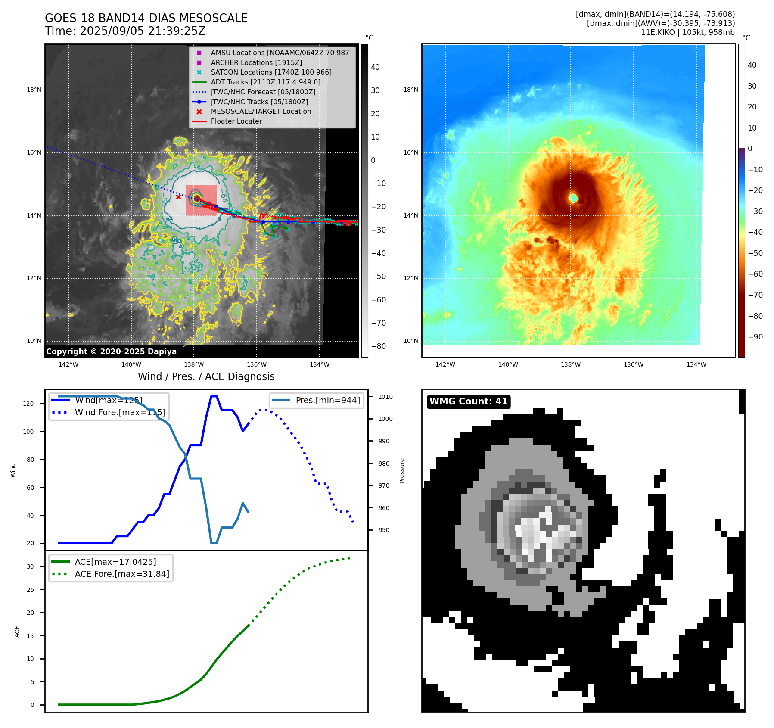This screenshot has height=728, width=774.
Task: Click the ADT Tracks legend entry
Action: pyautogui.click(x=265, y=82)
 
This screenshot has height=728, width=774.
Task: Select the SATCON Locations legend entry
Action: pyautogui.click(x=271, y=72)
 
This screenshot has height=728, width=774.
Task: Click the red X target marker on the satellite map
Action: pyautogui.click(x=178, y=197)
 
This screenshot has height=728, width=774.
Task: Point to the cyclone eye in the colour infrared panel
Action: pyautogui.click(x=573, y=198)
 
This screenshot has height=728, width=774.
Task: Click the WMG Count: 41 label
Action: pyautogui.click(x=468, y=401)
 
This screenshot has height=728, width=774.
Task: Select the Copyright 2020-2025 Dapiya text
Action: pyautogui.click(x=111, y=352)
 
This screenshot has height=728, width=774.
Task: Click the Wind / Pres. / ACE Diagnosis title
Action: pyautogui.click(x=206, y=376)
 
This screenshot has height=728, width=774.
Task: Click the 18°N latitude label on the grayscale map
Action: pyautogui.click(x=34, y=90)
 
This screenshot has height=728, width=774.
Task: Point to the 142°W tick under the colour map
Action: pyautogui.click(x=445, y=364)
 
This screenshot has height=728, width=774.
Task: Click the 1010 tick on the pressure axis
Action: pyautogui.click(x=385, y=397)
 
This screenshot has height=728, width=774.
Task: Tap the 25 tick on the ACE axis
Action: pyautogui.click(x=30, y=590)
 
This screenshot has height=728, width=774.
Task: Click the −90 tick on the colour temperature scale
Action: pyautogui.click(x=755, y=337)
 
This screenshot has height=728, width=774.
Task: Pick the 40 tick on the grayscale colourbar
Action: pyautogui.click(x=375, y=67)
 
